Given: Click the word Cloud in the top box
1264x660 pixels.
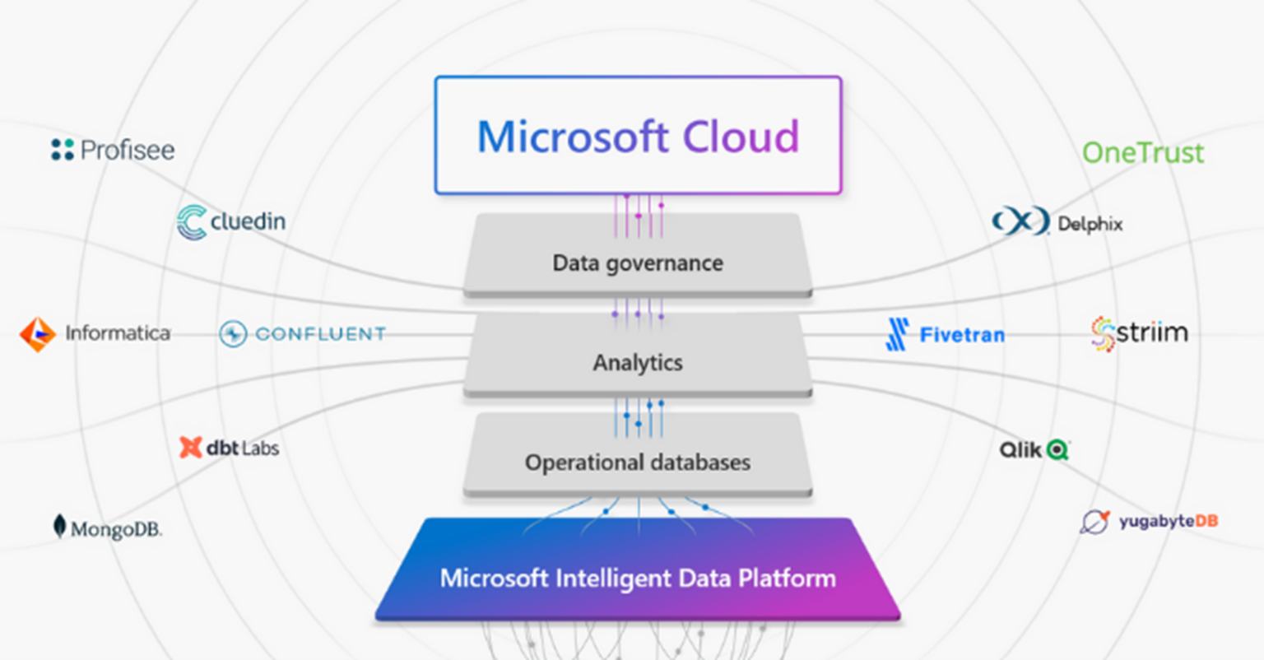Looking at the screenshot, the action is [741, 137].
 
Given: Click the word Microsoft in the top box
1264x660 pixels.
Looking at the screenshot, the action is [573, 137].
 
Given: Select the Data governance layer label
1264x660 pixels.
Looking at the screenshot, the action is [638, 263].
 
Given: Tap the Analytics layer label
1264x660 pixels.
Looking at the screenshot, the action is [638, 363].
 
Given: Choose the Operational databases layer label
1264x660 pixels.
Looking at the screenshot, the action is [638, 462].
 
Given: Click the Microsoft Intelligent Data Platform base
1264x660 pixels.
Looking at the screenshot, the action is [638, 569].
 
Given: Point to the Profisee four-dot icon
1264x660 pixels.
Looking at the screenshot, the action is [62, 150].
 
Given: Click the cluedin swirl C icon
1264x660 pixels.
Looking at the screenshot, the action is [192, 221].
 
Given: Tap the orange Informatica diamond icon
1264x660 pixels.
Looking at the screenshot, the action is [38, 334].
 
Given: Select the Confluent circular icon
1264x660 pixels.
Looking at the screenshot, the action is [233, 333].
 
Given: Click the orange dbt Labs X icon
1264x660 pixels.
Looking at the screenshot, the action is [191, 448].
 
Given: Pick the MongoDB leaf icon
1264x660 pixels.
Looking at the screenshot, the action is [59, 527].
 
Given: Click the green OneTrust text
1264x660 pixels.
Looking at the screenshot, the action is [1143, 153].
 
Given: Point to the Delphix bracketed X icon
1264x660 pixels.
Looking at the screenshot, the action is [1021, 221].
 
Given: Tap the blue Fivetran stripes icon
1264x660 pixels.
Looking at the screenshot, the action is [897, 334].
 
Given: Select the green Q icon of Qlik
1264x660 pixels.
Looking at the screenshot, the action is [1057, 450].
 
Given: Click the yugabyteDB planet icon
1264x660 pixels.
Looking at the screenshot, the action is [1094, 522].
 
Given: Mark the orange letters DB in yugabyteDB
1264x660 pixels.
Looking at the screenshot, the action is [1206, 520].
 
